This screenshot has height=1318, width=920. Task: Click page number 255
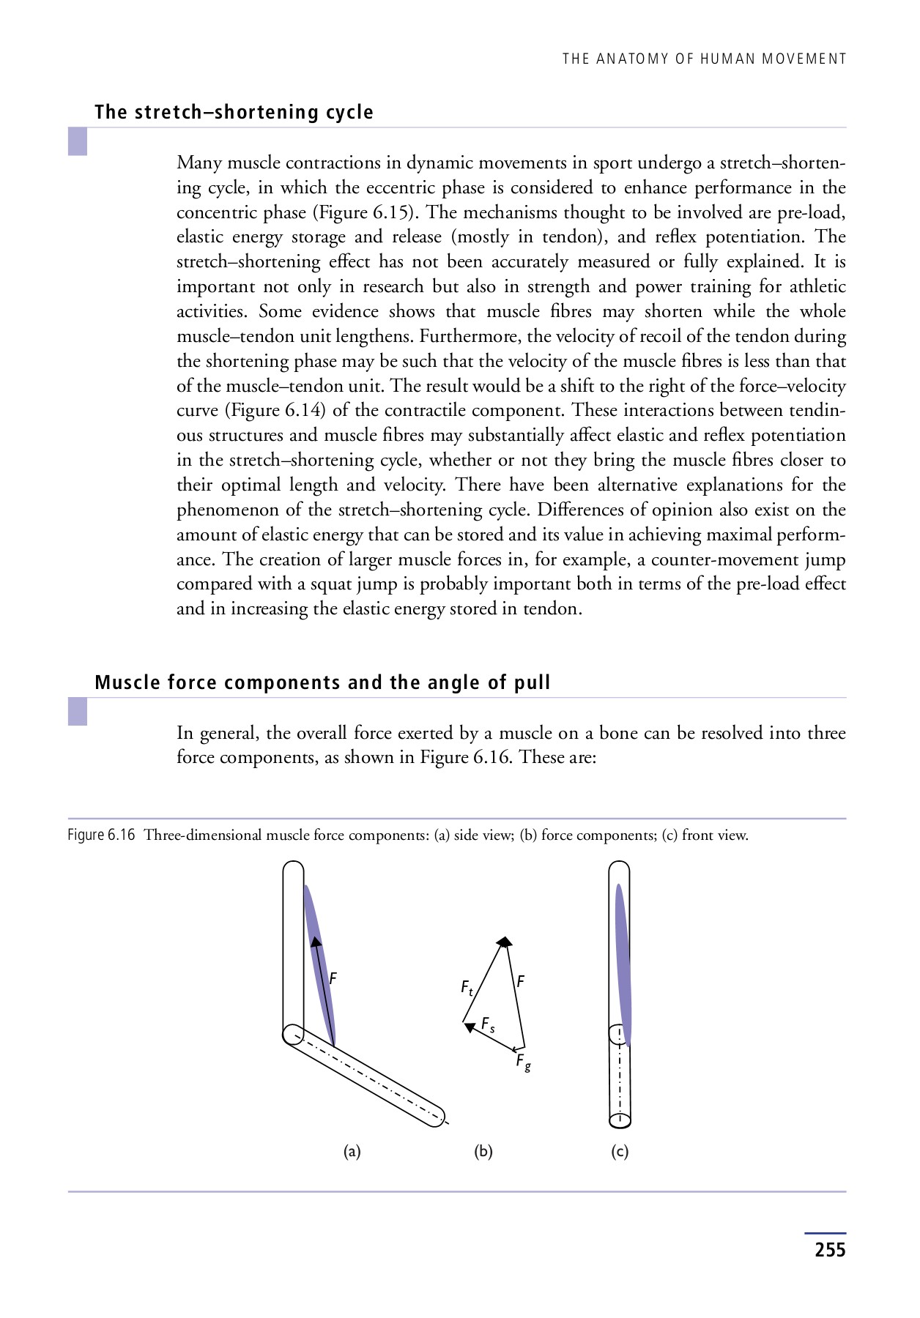830,1249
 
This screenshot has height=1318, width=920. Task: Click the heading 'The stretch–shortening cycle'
234,112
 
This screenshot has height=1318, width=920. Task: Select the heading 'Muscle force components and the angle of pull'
322,682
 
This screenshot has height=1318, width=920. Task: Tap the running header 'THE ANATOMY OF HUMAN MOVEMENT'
704,59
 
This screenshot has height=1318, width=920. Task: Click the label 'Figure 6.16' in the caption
101,835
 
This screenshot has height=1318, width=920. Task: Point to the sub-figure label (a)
352,1152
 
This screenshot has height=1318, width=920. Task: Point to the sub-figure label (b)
483,1152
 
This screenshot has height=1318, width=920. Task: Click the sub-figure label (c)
620,1152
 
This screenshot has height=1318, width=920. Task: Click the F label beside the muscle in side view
333,978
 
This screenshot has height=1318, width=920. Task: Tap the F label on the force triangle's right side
520,981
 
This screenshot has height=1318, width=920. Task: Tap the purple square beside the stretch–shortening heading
78,141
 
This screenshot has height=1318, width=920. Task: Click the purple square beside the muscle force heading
78,711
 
